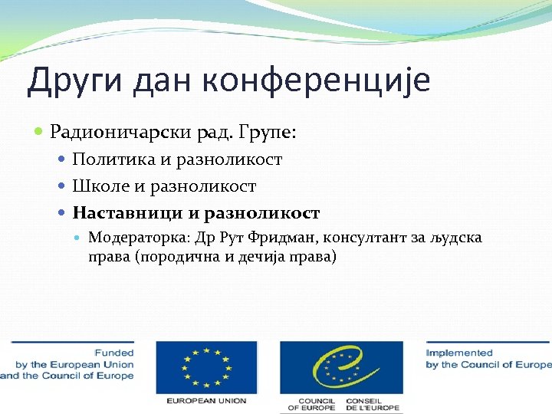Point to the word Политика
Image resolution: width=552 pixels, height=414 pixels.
point(110,159)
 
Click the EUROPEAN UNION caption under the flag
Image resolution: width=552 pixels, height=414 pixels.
point(202,401)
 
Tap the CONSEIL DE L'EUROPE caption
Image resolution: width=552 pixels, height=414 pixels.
point(373,405)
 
